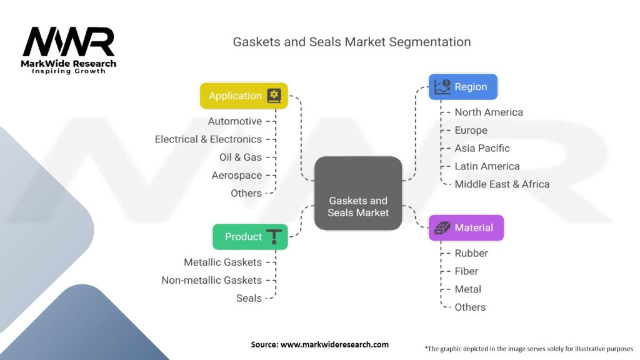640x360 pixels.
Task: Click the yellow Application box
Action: click(x=244, y=96)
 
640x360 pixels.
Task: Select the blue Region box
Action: click(x=463, y=87)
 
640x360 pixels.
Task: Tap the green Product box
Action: click(x=250, y=237)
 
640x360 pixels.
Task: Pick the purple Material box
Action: click(x=466, y=227)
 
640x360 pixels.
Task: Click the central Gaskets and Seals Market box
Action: click(x=358, y=193)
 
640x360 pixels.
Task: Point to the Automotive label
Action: click(x=235, y=121)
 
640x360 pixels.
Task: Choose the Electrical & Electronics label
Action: click(x=208, y=139)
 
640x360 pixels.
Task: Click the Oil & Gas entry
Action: click(x=241, y=157)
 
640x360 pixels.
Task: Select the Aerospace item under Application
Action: click(x=237, y=176)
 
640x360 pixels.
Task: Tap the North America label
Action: click(x=489, y=112)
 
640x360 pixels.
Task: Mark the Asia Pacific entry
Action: click(x=482, y=148)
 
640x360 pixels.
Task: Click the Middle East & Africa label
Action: click(x=502, y=184)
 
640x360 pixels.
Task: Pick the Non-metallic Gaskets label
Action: click(x=211, y=280)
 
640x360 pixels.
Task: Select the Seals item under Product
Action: click(x=249, y=298)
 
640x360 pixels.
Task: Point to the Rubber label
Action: click(x=471, y=253)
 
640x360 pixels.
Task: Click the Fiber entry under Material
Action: click(x=466, y=271)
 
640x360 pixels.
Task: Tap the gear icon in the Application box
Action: click(x=274, y=96)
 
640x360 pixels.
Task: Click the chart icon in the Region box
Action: click(x=442, y=86)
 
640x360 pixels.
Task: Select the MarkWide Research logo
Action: click(x=69, y=50)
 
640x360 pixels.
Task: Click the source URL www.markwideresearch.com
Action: click(x=334, y=344)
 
